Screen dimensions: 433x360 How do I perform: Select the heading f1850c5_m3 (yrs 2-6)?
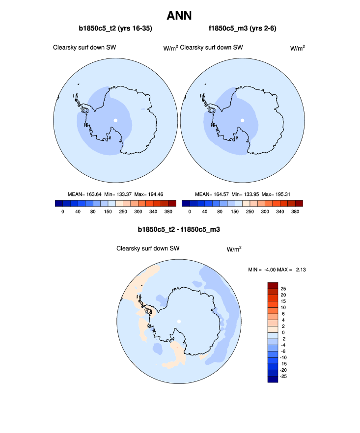click(x=243, y=28)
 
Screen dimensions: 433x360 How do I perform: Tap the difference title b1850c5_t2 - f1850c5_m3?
click(x=179, y=229)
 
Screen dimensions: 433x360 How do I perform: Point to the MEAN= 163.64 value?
click(x=84, y=194)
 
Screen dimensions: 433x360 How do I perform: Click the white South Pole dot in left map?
click(x=115, y=120)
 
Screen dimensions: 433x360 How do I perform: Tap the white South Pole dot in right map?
click(x=243, y=120)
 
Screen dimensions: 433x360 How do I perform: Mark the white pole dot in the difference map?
click(x=179, y=321)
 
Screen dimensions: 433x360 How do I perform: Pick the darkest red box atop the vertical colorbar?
click(x=274, y=285)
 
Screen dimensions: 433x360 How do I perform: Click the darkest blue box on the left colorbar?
click(x=59, y=203)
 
